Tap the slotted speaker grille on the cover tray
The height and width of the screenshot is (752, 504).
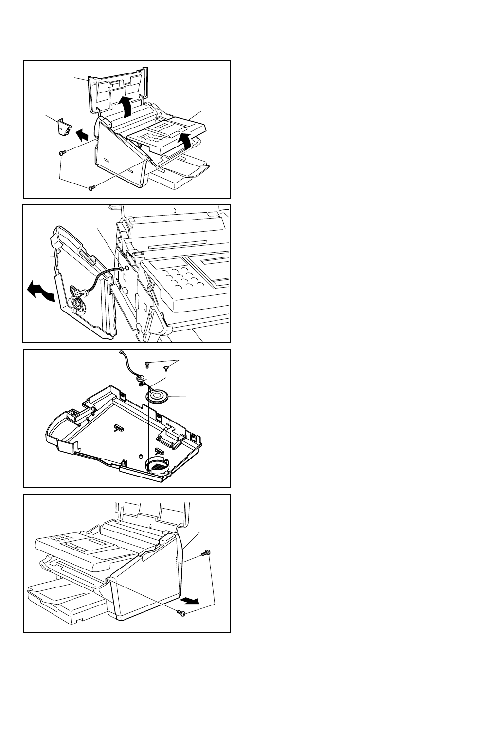tap(157, 465)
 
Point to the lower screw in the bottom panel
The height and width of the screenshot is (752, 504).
tap(181, 614)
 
